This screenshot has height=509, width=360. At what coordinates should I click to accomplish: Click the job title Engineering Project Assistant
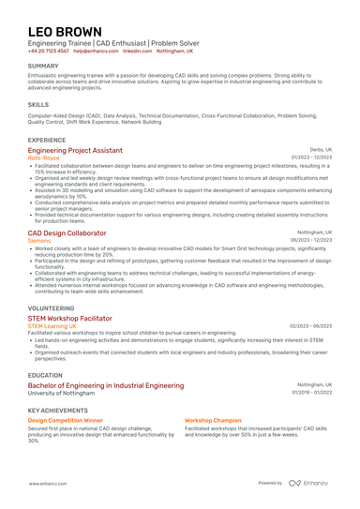click(75, 150)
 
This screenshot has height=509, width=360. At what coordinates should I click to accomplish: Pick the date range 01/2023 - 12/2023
click(311, 157)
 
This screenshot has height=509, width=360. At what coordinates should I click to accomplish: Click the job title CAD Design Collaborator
click(67, 232)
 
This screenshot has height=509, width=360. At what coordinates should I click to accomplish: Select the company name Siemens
click(40, 240)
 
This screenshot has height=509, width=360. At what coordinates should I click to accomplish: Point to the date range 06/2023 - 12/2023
click(311, 240)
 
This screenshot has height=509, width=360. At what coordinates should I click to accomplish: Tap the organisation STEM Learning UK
click(52, 325)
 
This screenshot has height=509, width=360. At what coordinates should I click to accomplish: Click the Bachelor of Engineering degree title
click(106, 385)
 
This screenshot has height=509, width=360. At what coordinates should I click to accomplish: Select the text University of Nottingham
click(62, 393)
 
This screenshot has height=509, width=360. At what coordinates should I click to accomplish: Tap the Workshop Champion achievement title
click(213, 421)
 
